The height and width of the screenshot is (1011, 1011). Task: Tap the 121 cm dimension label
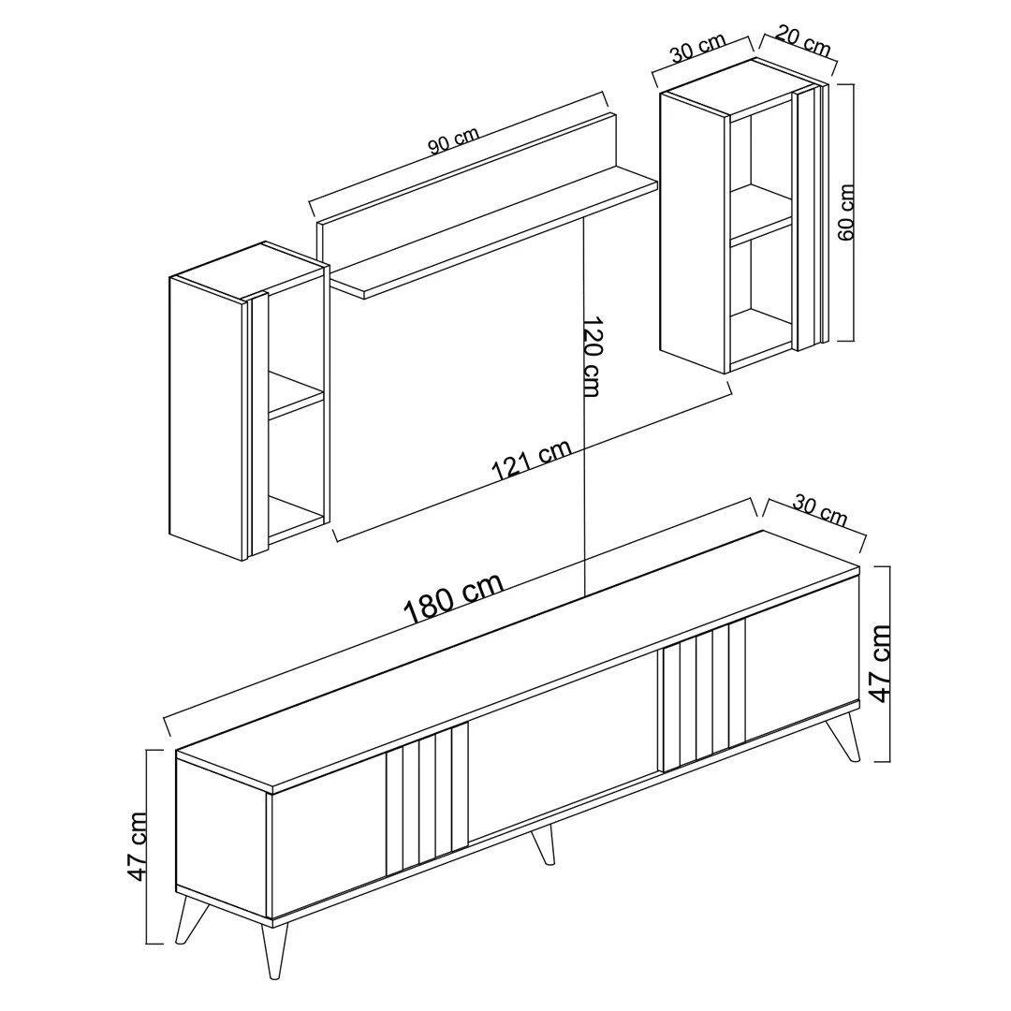point(532,461)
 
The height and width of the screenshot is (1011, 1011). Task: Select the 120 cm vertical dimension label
point(592,357)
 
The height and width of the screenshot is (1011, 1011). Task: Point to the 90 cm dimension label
point(455,142)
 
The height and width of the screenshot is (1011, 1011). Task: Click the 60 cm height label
point(845,212)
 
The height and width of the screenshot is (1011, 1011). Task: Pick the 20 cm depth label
point(802,40)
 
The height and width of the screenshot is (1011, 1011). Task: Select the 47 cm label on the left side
point(138,846)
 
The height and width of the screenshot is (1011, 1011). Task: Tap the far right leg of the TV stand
point(844,735)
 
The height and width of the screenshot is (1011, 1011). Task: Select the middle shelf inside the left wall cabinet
point(295,393)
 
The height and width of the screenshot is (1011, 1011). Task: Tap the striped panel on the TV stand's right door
point(704,695)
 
